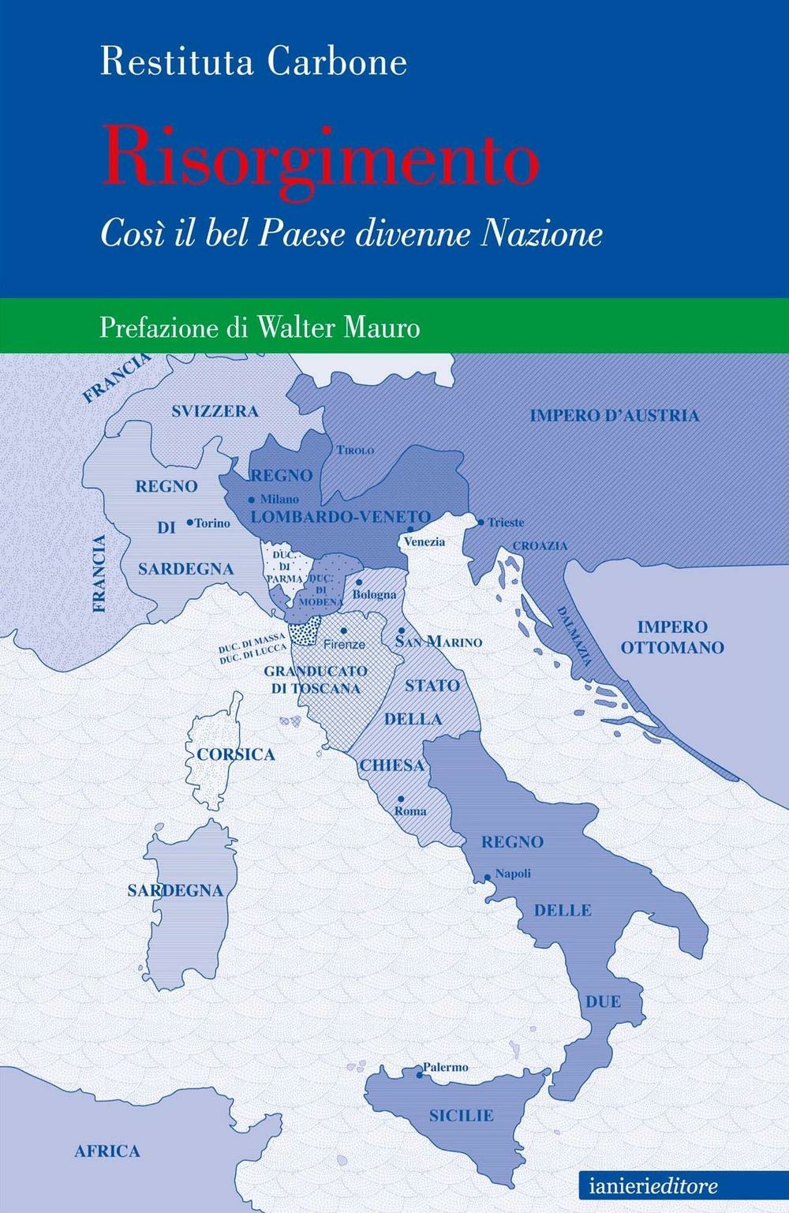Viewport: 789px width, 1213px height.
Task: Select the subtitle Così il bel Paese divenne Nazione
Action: click(351, 234)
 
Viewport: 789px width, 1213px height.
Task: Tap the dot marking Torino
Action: click(189, 522)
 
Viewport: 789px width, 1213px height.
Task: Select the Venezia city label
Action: click(424, 541)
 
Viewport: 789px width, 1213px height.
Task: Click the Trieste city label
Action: click(506, 522)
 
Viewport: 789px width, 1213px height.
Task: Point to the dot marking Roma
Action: click(401, 799)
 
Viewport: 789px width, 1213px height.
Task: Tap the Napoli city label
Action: click(512, 874)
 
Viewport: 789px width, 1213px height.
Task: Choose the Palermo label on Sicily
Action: click(445, 1067)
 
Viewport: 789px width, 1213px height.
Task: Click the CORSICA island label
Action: click(236, 754)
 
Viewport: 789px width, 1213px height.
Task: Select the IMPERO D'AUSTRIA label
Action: click(614, 415)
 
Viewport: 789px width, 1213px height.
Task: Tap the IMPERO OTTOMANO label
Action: click(671, 638)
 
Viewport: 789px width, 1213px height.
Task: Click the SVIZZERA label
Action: click(215, 411)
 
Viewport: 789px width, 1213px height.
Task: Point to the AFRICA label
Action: click(107, 1151)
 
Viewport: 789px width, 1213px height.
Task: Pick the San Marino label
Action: click(439, 642)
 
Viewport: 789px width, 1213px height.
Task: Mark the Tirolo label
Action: click(355, 450)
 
